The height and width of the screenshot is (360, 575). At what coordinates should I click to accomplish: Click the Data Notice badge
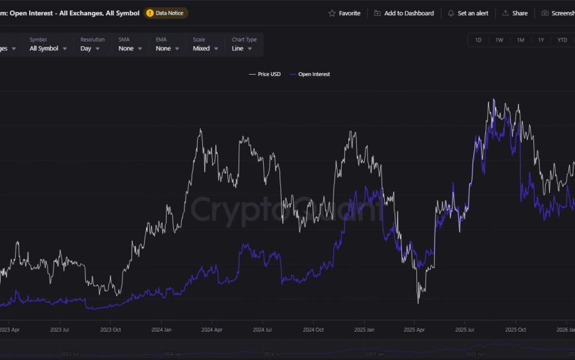pyautogui.click(x=166, y=13)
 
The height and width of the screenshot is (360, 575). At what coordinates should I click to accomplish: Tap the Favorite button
pyautogui.click(x=344, y=13)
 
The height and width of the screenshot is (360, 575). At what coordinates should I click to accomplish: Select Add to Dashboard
pyautogui.click(x=404, y=13)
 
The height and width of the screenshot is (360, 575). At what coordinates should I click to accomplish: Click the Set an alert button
pyautogui.click(x=469, y=13)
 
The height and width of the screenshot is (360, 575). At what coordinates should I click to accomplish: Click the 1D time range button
pyautogui.click(x=479, y=40)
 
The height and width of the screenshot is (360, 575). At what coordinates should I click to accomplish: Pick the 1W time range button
pyautogui.click(x=499, y=40)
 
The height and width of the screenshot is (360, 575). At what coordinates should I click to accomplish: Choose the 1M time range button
pyautogui.click(x=520, y=40)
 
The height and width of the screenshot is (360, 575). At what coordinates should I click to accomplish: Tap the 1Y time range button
pyautogui.click(x=541, y=40)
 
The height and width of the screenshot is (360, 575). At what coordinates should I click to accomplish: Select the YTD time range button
pyautogui.click(x=562, y=40)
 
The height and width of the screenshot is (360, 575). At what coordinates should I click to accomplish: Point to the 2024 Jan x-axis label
pyautogui.click(x=161, y=329)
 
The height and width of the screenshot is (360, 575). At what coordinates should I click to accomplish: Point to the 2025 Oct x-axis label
pyautogui.click(x=515, y=329)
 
